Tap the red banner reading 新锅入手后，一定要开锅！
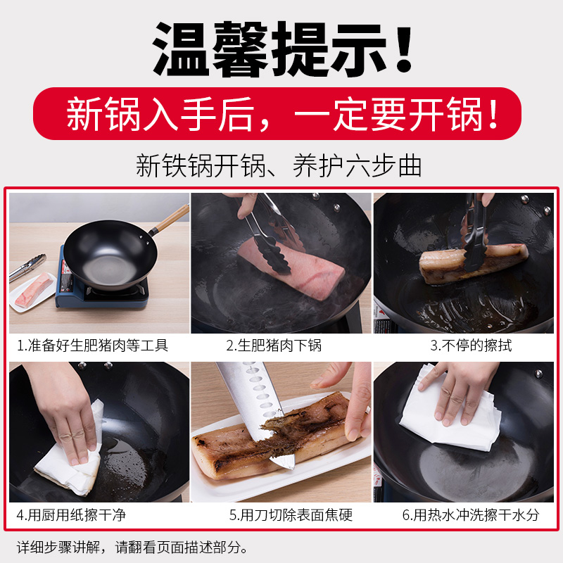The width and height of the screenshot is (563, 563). [x=281, y=115]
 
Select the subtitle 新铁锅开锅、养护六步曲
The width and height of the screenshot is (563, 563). [x=279, y=166]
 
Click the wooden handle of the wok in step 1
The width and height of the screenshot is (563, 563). [x=171, y=219]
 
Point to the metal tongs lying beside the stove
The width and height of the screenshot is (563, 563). [x=27, y=267]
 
